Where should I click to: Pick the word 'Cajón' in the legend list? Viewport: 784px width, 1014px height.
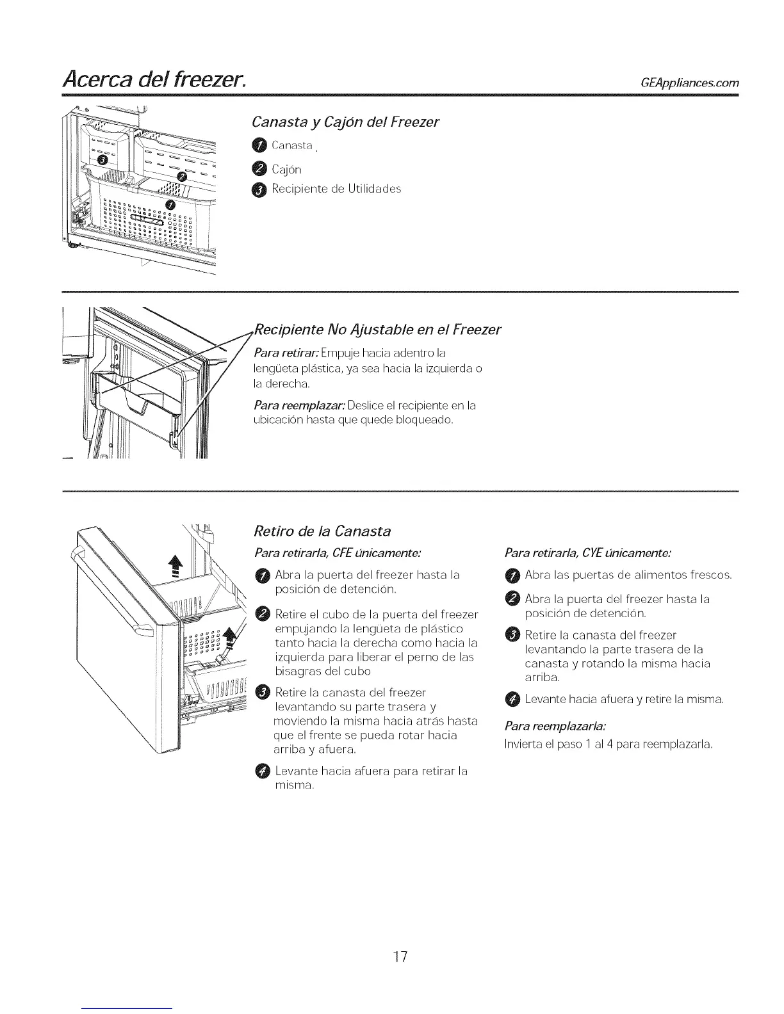coord(286,170)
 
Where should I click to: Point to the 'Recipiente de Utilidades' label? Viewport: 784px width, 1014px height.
coord(336,189)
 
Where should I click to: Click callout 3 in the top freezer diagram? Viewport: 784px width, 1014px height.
coord(101,159)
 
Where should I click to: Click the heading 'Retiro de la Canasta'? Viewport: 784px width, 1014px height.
coord(322,531)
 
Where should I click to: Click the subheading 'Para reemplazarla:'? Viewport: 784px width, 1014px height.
coord(555,727)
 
